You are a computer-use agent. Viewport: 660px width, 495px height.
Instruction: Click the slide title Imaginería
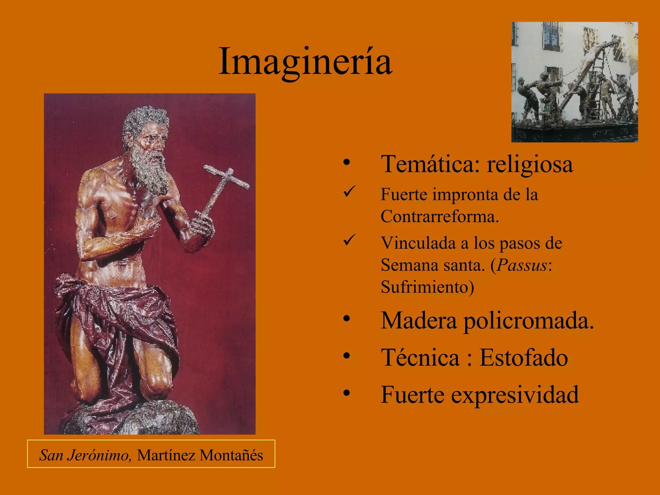pyautogui.click(x=305, y=61)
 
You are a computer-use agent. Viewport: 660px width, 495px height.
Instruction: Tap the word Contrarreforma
pyautogui.click(x=439, y=216)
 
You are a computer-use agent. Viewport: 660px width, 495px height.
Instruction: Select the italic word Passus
pyautogui.click(x=522, y=265)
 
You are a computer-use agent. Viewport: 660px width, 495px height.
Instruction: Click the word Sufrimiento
pyautogui.click(x=427, y=287)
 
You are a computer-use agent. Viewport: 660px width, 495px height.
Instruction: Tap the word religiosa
pyautogui.click(x=530, y=164)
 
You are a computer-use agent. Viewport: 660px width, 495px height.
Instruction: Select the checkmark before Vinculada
pyautogui.click(x=349, y=240)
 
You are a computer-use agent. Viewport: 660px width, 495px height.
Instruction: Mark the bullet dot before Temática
pyautogui.click(x=346, y=162)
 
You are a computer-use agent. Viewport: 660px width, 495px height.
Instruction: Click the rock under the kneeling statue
pyautogui.click(x=135, y=419)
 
